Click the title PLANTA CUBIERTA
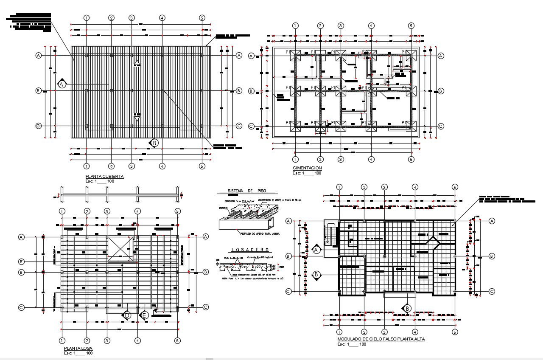coord(104,176)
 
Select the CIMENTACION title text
coord(307,168)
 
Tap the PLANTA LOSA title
coord(75,348)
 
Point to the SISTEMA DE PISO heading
coord(246,191)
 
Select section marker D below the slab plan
coord(126,315)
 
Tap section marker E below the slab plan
coord(144,315)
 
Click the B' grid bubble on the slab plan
coord(21,261)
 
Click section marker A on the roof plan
coord(62,84)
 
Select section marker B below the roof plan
coord(154,143)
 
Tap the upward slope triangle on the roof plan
coord(137,63)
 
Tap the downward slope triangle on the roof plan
coord(137,119)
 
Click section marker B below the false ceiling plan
coord(407,309)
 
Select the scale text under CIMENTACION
coord(307,173)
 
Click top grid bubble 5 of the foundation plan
coord(411,26)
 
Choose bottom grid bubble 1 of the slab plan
coord(62,340)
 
